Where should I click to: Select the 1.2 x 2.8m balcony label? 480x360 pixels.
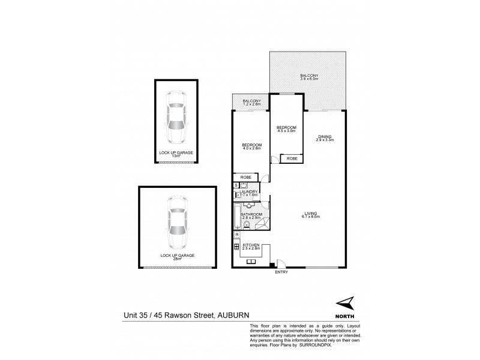coord(251,102)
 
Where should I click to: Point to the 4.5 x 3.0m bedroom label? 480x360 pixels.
coord(286,129)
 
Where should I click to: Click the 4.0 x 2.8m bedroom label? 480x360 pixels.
coord(252,146)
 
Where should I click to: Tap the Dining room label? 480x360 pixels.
coord(325,138)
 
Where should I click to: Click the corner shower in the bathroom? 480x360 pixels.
coord(262,224)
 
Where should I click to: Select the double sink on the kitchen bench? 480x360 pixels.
coord(250,259)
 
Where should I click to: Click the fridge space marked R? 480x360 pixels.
coord(236,235)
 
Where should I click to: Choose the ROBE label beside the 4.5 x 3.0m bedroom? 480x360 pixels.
coord(292,158)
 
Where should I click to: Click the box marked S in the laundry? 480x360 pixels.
coord(236,185)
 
